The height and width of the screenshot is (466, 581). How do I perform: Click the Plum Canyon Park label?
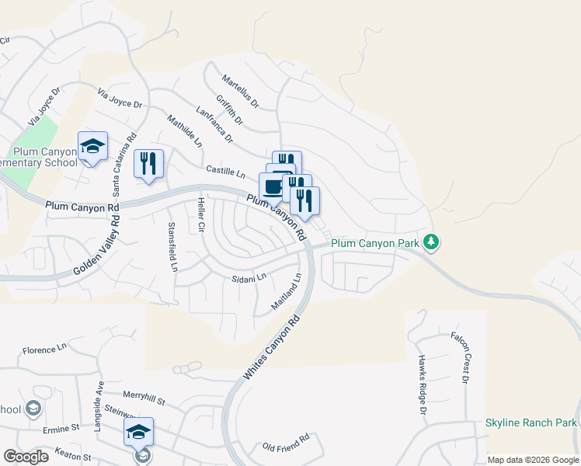[x=376, y=243]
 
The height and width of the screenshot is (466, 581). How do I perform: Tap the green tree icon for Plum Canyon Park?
[x=433, y=243]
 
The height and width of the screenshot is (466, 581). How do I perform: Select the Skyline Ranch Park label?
[x=531, y=423]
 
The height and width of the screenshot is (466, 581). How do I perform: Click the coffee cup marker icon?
[x=273, y=187]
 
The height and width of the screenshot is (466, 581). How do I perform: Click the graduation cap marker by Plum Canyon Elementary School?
[x=92, y=147]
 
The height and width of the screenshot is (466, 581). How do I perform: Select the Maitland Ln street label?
[x=286, y=293]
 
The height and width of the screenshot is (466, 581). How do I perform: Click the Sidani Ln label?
[x=249, y=277]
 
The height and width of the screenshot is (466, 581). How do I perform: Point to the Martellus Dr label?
[x=239, y=91]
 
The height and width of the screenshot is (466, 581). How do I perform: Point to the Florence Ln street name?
[x=45, y=350]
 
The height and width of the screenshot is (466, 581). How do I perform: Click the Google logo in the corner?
[x=26, y=457]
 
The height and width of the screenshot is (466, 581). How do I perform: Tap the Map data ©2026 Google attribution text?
[x=533, y=460]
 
